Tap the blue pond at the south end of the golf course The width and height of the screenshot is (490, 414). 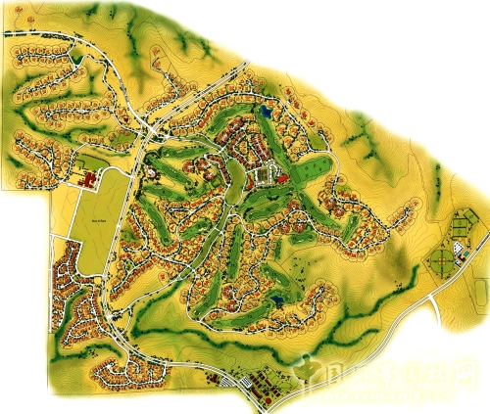click(277, 299)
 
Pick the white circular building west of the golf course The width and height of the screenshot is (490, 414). click(154, 173)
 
